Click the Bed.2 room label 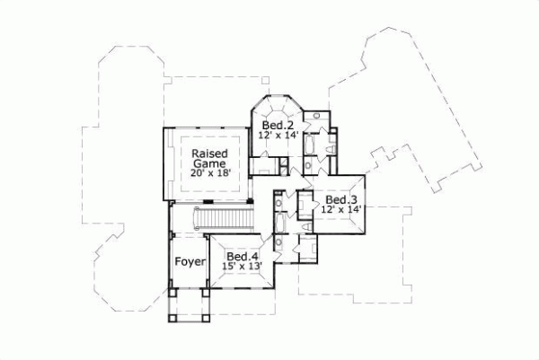click(x=278, y=125)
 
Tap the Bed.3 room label click(x=341, y=199)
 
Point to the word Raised click(x=208, y=154)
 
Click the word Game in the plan click(x=208, y=164)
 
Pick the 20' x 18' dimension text click(x=208, y=176)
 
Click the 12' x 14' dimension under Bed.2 click(x=278, y=136)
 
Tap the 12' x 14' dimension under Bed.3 click(x=341, y=210)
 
